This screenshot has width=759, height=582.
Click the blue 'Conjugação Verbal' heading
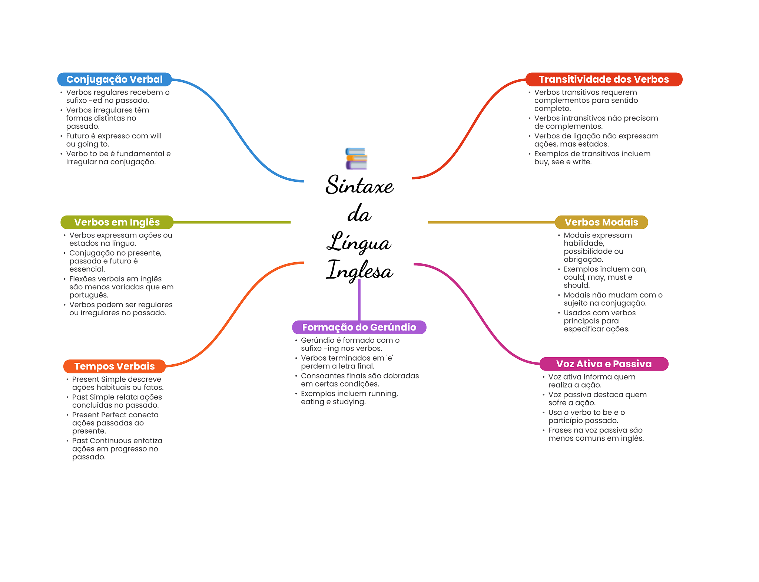coord(114,79)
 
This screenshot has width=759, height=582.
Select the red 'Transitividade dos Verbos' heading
coord(604,79)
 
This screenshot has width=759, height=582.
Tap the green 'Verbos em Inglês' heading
coord(117,222)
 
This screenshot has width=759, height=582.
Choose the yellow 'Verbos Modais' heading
coord(601,222)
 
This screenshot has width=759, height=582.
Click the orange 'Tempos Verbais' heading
coord(114,366)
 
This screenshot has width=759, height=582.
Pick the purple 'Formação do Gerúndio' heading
coord(359,327)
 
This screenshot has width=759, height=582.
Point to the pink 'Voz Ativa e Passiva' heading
coord(604,364)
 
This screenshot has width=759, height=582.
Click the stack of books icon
coord(356,159)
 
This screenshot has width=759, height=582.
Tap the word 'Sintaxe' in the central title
coord(359,185)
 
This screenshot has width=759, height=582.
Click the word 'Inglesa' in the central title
coord(359,270)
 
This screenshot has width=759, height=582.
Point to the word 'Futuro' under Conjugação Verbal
coord(77,136)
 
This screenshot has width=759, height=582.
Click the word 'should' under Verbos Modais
coord(576,285)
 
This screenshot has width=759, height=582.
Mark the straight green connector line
coord(232,222)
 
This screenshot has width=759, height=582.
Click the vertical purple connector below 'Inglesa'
coord(359,300)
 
